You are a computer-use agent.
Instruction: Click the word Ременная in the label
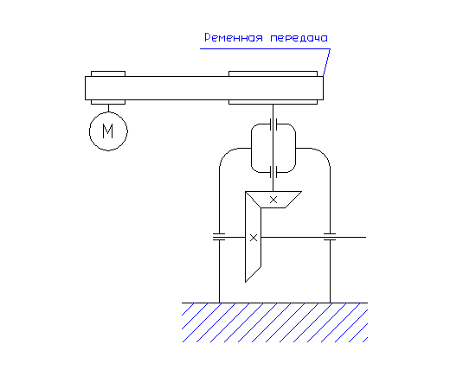coord(234,38)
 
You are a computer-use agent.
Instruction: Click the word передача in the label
coord(299,39)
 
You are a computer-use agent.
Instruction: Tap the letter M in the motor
coord(108,131)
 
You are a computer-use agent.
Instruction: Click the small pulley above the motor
coord(108,73)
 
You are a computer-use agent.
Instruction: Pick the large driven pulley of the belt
coord(273,73)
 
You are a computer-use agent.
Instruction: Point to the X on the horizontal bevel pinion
coord(273,200)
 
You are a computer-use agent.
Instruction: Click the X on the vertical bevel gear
coord(254,238)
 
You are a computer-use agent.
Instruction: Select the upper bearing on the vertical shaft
coord(273,124)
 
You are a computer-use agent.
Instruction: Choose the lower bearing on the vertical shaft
coord(273,172)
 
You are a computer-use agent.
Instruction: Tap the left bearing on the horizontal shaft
coord(219,237)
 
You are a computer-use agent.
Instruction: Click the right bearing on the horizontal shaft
coord(330,237)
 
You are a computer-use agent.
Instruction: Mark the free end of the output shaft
coord(366,237)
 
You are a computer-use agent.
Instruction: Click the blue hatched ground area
coord(274,323)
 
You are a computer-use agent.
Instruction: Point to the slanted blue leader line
coord(326,62)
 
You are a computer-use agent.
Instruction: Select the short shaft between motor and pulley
coord(108,108)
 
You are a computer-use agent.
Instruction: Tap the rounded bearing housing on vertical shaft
coord(252,149)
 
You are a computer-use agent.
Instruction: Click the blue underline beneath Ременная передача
coord(265,48)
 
